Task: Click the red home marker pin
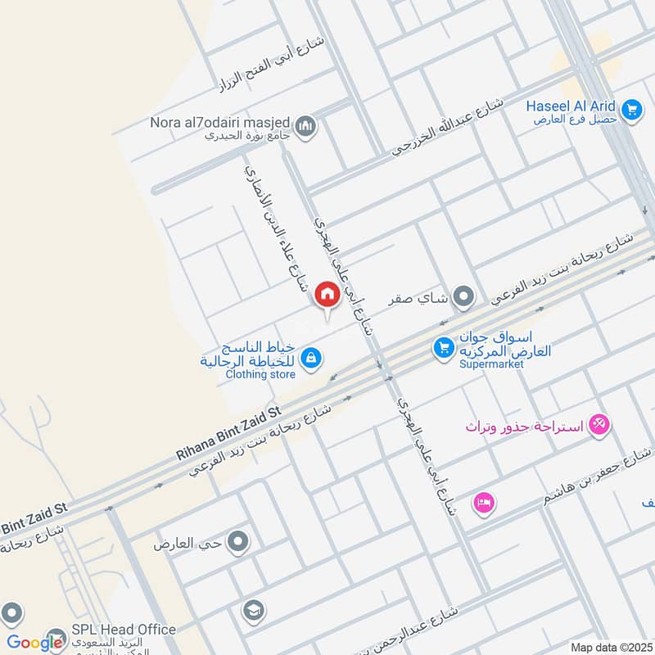click(327, 295)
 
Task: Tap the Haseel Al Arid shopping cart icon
click(630, 109)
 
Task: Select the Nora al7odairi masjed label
click(219, 123)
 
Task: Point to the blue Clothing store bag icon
click(310, 358)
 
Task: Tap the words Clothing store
click(260, 375)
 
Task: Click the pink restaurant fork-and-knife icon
click(600, 423)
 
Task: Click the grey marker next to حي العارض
click(238, 541)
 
